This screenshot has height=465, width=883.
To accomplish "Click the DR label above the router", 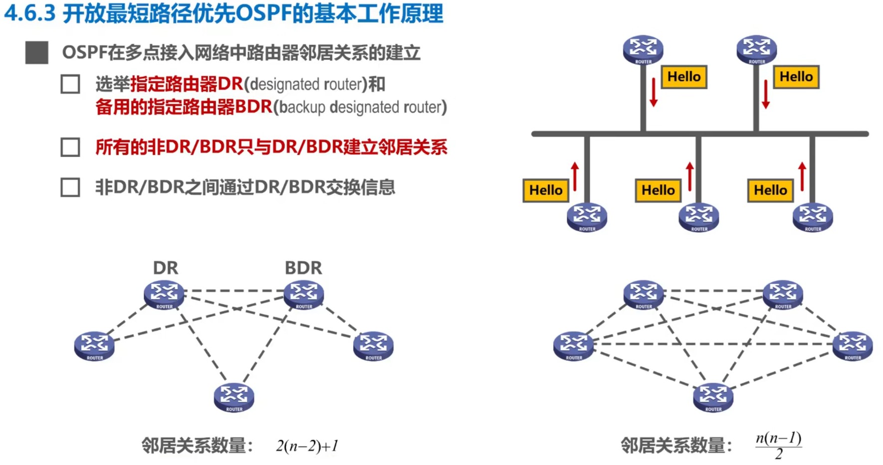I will click(165, 268).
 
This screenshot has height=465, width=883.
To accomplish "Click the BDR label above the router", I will click(303, 268).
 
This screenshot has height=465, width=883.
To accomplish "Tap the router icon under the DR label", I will click(164, 295).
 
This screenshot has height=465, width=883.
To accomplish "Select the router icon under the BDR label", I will click(303, 295).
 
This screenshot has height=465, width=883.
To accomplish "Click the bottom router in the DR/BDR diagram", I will click(233, 397).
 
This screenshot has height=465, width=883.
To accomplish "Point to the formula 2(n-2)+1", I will click(307, 446).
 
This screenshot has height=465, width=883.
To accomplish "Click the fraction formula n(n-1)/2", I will click(778, 445).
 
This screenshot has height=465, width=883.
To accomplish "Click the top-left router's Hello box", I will click(684, 77).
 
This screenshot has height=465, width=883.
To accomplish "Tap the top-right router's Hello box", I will click(796, 77).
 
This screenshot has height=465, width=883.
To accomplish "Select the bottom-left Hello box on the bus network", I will click(546, 190).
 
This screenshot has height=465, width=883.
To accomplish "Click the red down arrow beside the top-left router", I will click(654, 92).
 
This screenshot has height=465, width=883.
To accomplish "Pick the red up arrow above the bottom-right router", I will click(802, 176).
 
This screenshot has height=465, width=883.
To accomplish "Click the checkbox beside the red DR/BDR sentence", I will click(70, 148).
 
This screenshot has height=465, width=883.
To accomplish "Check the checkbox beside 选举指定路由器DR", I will click(70, 84).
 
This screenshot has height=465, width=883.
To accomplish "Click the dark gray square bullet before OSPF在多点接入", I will click(37, 52).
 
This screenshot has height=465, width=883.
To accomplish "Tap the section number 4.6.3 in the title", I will click(29, 13).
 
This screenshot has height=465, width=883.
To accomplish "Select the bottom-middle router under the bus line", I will click(699, 217).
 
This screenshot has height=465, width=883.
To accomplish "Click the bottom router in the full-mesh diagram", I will click(713, 397).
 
